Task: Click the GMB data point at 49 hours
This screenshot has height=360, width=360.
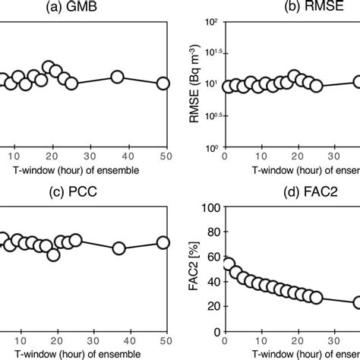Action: click(x=163, y=83)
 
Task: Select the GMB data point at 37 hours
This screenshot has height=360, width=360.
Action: click(x=118, y=77)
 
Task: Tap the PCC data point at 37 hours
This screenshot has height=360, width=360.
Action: click(x=118, y=248)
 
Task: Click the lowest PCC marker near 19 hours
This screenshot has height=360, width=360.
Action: click(x=53, y=254)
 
